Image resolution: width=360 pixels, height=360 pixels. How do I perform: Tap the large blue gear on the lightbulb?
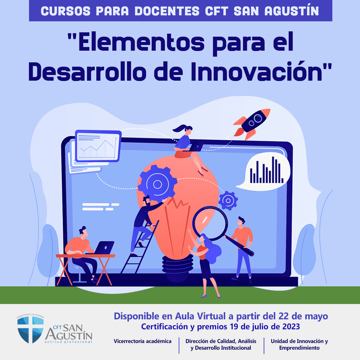click(x=157, y=184)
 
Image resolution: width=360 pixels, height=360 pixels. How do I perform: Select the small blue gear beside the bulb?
click(x=228, y=201)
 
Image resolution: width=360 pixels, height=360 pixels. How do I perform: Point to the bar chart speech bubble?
click(x=264, y=171)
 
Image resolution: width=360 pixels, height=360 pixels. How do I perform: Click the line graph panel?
click(x=98, y=146)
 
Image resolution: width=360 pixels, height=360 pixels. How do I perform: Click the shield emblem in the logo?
click(x=31, y=330)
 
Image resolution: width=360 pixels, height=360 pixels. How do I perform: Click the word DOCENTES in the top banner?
click(x=167, y=11)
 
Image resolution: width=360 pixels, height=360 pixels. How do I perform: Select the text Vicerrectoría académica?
click(x=143, y=341)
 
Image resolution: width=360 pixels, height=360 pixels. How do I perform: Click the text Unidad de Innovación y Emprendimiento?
click(x=299, y=344)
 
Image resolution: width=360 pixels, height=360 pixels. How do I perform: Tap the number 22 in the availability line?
click(x=283, y=316)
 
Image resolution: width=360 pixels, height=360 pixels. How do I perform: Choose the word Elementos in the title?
click(x=141, y=42)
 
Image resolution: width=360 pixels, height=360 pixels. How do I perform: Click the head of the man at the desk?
click(x=84, y=232)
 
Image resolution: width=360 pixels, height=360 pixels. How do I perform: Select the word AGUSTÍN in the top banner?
click(x=292, y=11)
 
